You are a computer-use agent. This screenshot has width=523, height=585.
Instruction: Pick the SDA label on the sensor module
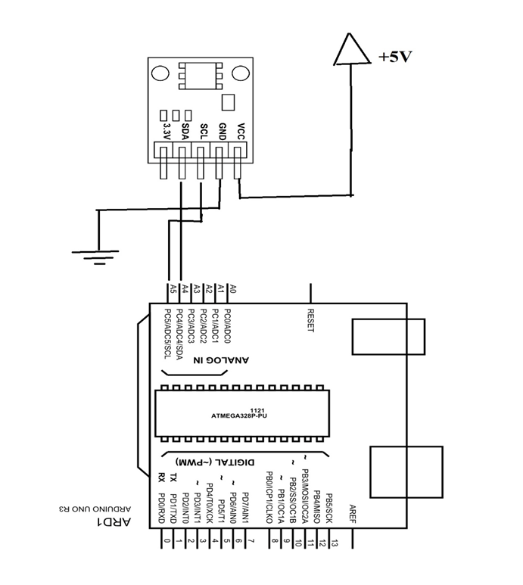(x=184, y=132)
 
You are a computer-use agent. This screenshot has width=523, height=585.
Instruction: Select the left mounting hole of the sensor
(x=159, y=73)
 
